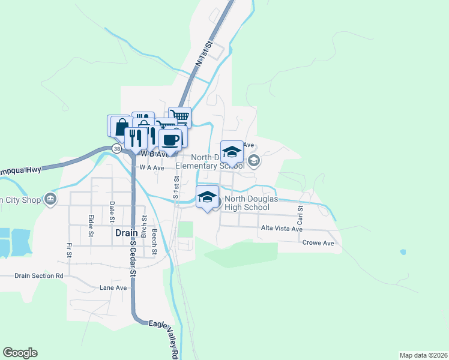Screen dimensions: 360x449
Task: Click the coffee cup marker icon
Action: click(170, 139)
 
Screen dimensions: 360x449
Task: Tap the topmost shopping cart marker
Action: click(179, 117)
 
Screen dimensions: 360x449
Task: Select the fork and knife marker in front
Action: click(136, 138)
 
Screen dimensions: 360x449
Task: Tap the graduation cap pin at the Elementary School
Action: click(232, 152)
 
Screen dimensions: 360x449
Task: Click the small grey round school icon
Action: click(253, 160)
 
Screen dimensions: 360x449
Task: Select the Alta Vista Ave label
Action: click(281, 229)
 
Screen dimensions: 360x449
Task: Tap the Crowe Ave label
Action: click(318, 243)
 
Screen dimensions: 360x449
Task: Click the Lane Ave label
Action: click(113, 288)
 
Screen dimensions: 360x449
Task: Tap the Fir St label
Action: click(70, 251)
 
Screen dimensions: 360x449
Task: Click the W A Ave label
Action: click(151, 168)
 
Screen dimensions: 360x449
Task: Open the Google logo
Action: click(20, 353)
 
